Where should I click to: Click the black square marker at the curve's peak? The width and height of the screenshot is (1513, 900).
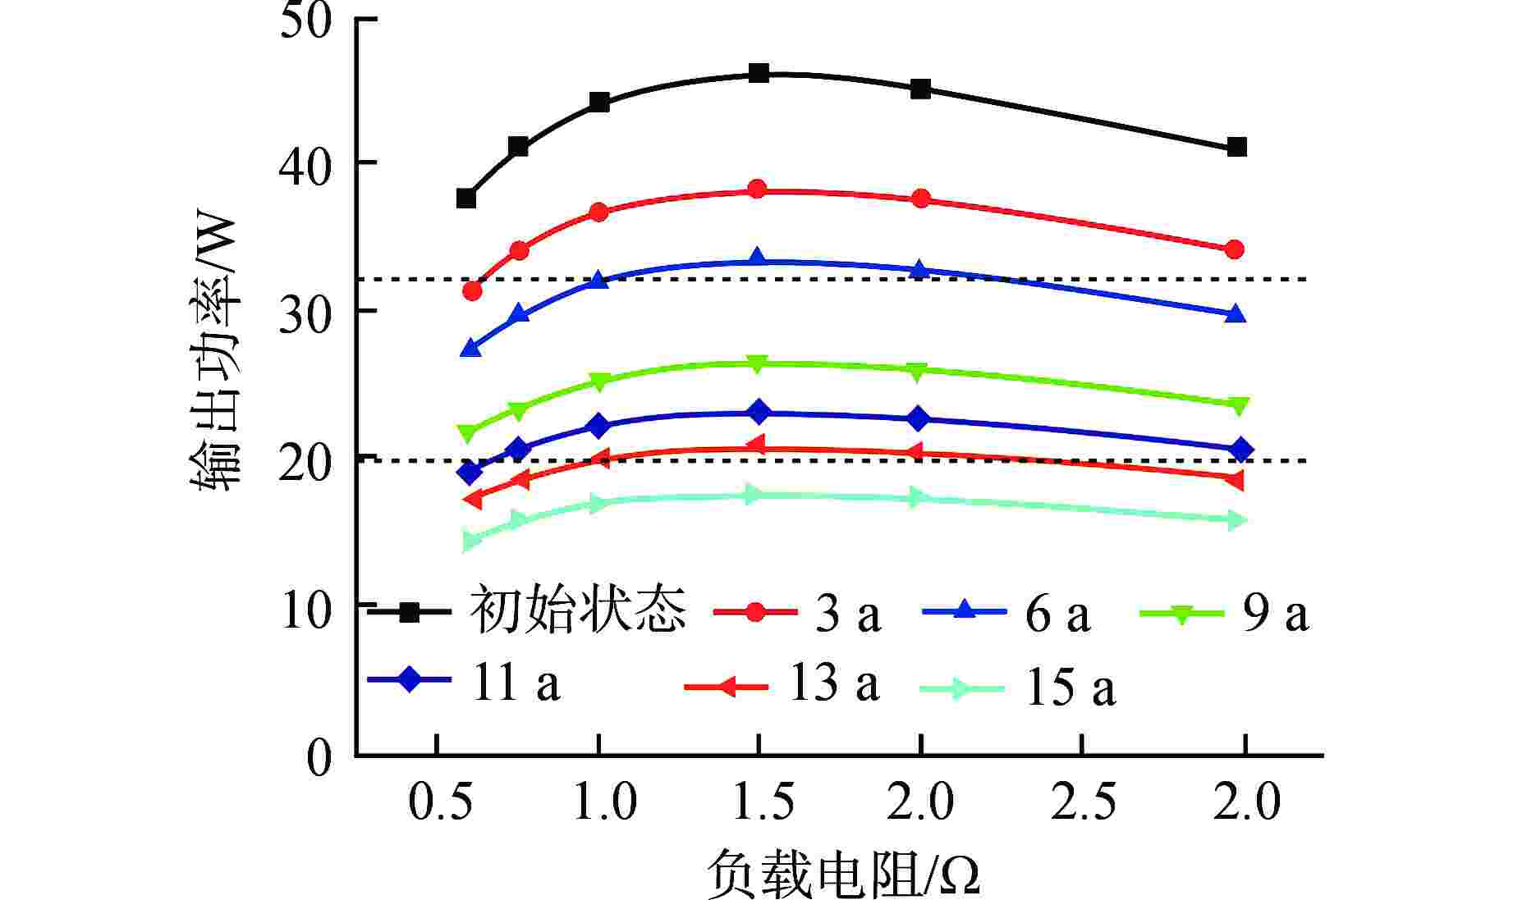click(x=759, y=73)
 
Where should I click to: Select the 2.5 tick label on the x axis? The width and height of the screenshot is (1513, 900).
click(x=1083, y=802)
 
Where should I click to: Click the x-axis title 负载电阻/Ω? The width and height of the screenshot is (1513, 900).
click(x=844, y=875)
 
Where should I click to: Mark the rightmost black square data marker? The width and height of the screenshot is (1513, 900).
click(x=1236, y=147)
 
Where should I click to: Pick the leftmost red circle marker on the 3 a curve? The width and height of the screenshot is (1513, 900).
click(x=472, y=290)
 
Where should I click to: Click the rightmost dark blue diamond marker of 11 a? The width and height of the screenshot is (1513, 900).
click(x=1240, y=450)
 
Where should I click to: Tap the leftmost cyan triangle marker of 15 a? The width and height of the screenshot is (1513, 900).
click(x=472, y=541)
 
